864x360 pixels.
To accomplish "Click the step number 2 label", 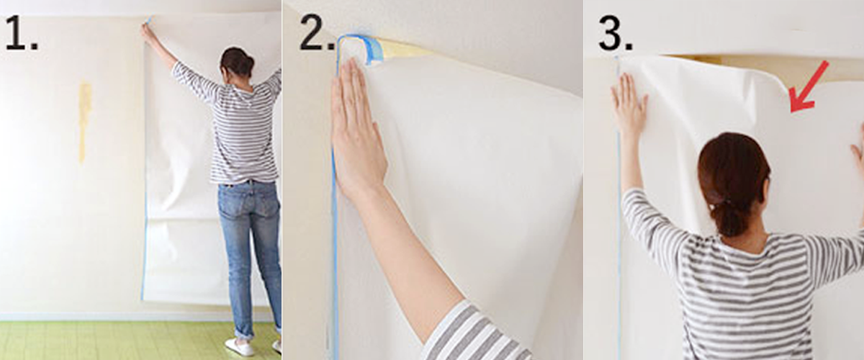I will pyautogui.click(x=315, y=34).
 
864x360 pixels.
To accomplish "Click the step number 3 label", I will pyautogui.click(x=614, y=34).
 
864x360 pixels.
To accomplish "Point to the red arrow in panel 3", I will pyautogui.click(x=809, y=87).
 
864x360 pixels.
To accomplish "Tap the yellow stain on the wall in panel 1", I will pyautogui.click(x=84, y=119).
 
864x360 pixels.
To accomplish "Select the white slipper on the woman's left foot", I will pyautogui.click(x=239, y=346).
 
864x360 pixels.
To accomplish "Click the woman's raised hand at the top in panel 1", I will pyautogui.click(x=148, y=32).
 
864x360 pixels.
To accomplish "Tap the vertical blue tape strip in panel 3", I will pyautogui.click(x=618, y=216).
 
